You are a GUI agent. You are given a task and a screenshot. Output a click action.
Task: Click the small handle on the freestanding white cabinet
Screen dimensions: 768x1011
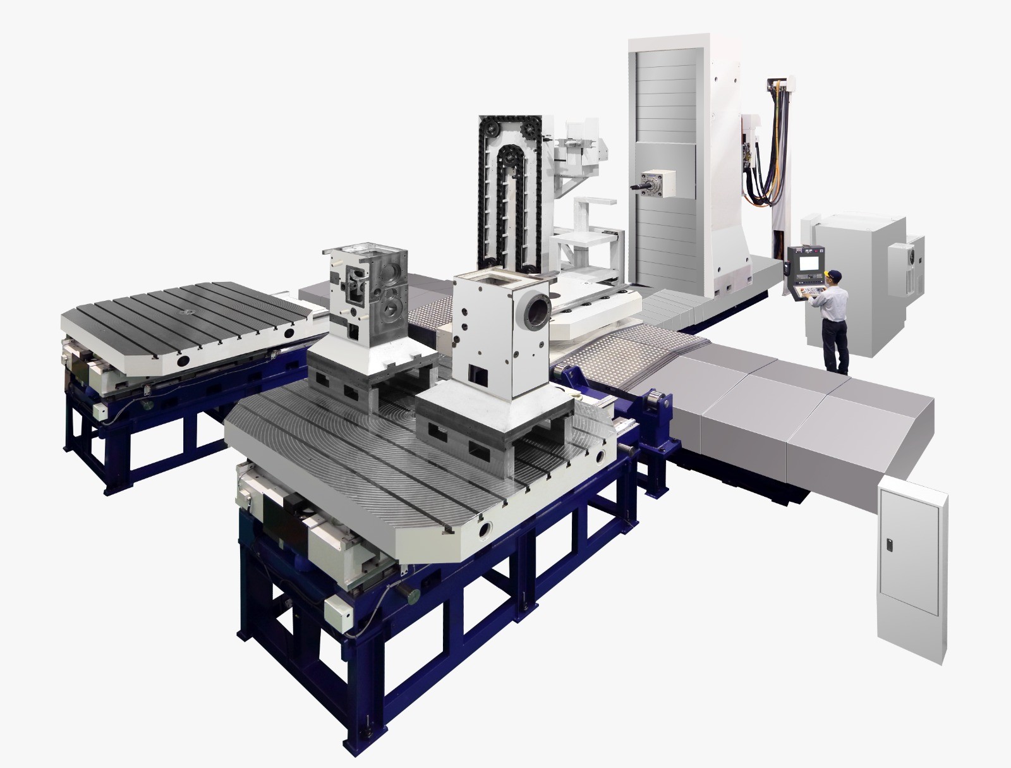[x=890, y=545]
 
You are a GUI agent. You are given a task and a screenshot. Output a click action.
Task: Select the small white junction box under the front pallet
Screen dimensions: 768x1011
[x=342, y=613]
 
